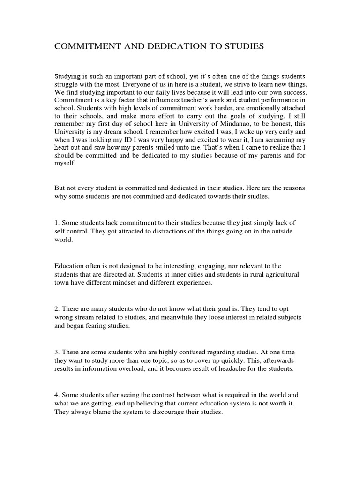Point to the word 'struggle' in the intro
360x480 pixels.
[67, 84]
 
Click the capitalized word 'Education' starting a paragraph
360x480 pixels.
[70, 265]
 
